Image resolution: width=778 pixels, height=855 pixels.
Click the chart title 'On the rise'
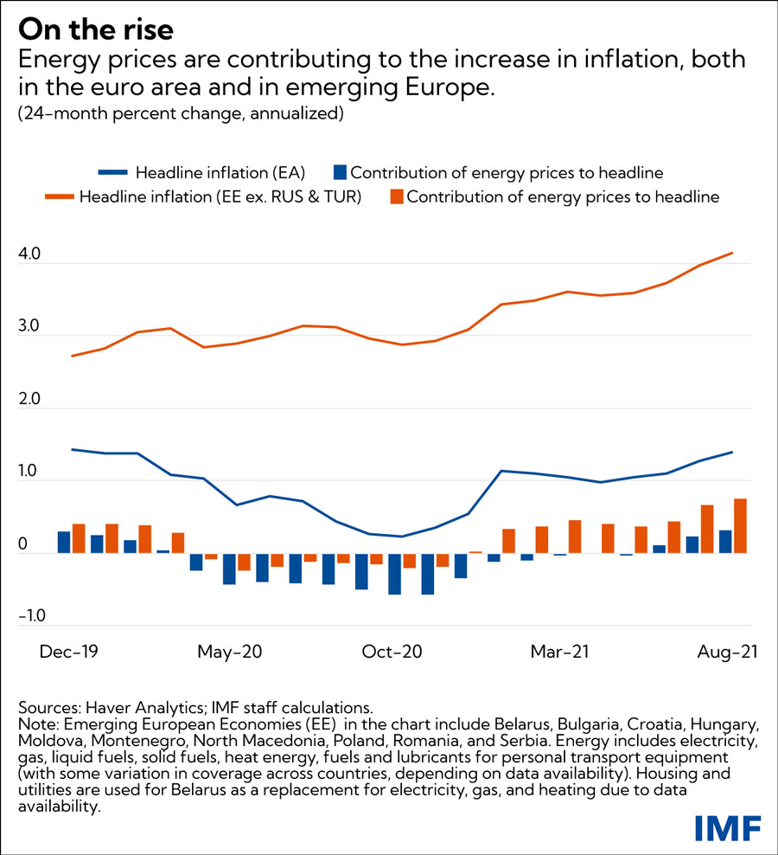(x=96, y=29)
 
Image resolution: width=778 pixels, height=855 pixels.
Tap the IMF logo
(x=728, y=828)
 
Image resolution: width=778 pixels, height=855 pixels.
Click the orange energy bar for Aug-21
(x=740, y=525)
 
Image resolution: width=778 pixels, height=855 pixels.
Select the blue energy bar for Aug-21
(x=724, y=541)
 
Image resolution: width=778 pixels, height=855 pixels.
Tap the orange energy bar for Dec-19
(x=79, y=537)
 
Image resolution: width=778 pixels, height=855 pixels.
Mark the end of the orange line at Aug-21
(x=733, y=253)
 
